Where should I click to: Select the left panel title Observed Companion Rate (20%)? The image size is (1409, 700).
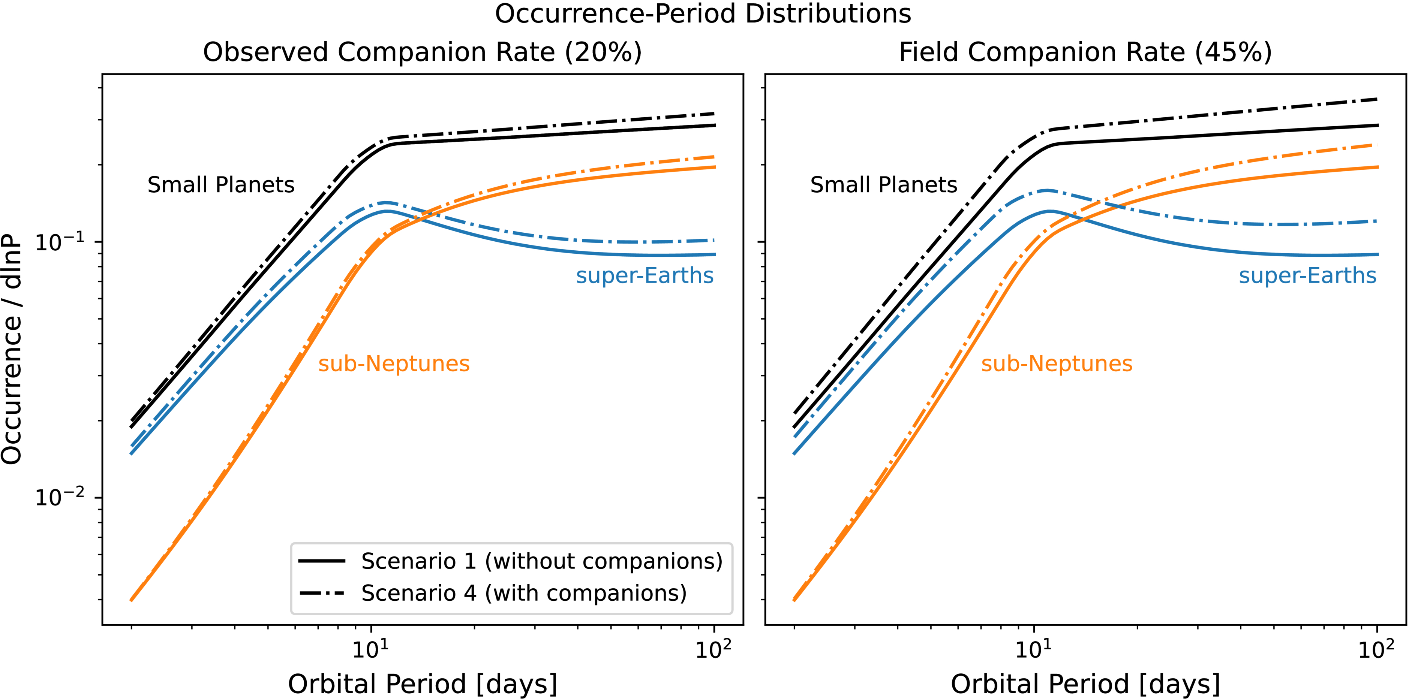(422, 52)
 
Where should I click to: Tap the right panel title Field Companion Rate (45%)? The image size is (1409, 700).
(1085, 52)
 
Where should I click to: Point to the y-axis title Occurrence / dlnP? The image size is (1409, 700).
(12, 350)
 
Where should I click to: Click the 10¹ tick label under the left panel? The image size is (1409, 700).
(370, 649)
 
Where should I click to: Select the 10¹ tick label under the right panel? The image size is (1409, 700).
(1033, 649)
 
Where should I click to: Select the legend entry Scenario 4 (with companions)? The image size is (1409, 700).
(523, 593)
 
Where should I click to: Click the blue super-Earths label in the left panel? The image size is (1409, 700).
(645, 276)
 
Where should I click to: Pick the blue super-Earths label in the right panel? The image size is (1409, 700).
(1308, 276)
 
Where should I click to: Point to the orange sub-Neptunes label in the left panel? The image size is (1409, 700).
(394, 363)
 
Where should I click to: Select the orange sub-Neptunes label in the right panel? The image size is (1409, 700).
(1057, 363)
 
